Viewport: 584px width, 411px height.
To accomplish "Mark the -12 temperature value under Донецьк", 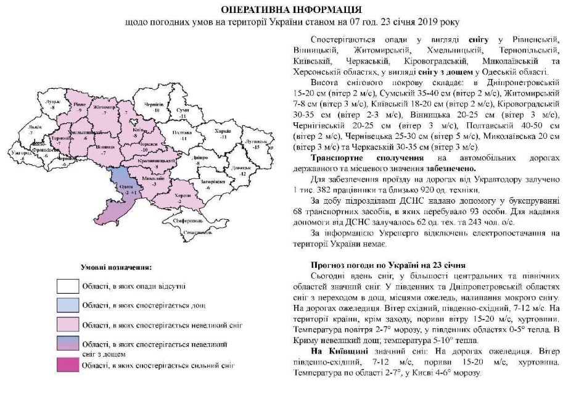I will (242, 175).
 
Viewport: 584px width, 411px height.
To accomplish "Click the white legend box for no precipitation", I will (68, 286).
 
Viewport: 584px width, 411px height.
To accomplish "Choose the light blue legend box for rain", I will (68, 305).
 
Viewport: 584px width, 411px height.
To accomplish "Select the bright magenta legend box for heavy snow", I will (68, 365).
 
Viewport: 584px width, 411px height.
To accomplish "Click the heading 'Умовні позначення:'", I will (116, 267).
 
